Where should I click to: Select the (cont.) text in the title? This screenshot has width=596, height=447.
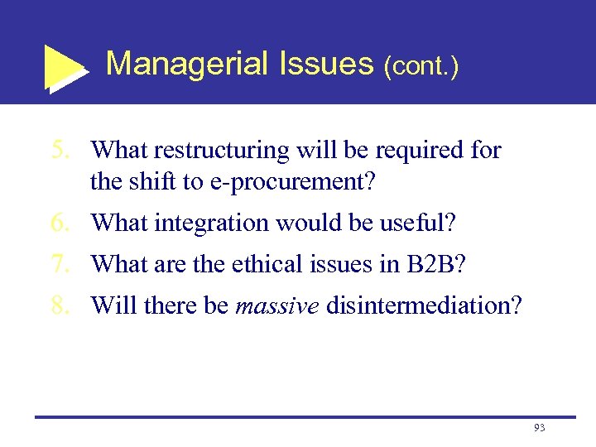tap(421, 65)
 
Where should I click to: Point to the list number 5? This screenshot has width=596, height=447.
tap(60, 151)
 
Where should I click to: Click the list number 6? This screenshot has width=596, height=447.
tap(60, 223)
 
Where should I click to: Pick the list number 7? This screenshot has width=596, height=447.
tap(60, 264)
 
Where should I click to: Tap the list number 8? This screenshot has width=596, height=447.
tap(60, 305)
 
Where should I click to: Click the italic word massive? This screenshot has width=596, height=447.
tap(277, 305)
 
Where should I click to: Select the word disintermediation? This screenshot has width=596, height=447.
tap(424, 305)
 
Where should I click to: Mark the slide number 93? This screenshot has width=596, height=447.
tap(539, 428)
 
